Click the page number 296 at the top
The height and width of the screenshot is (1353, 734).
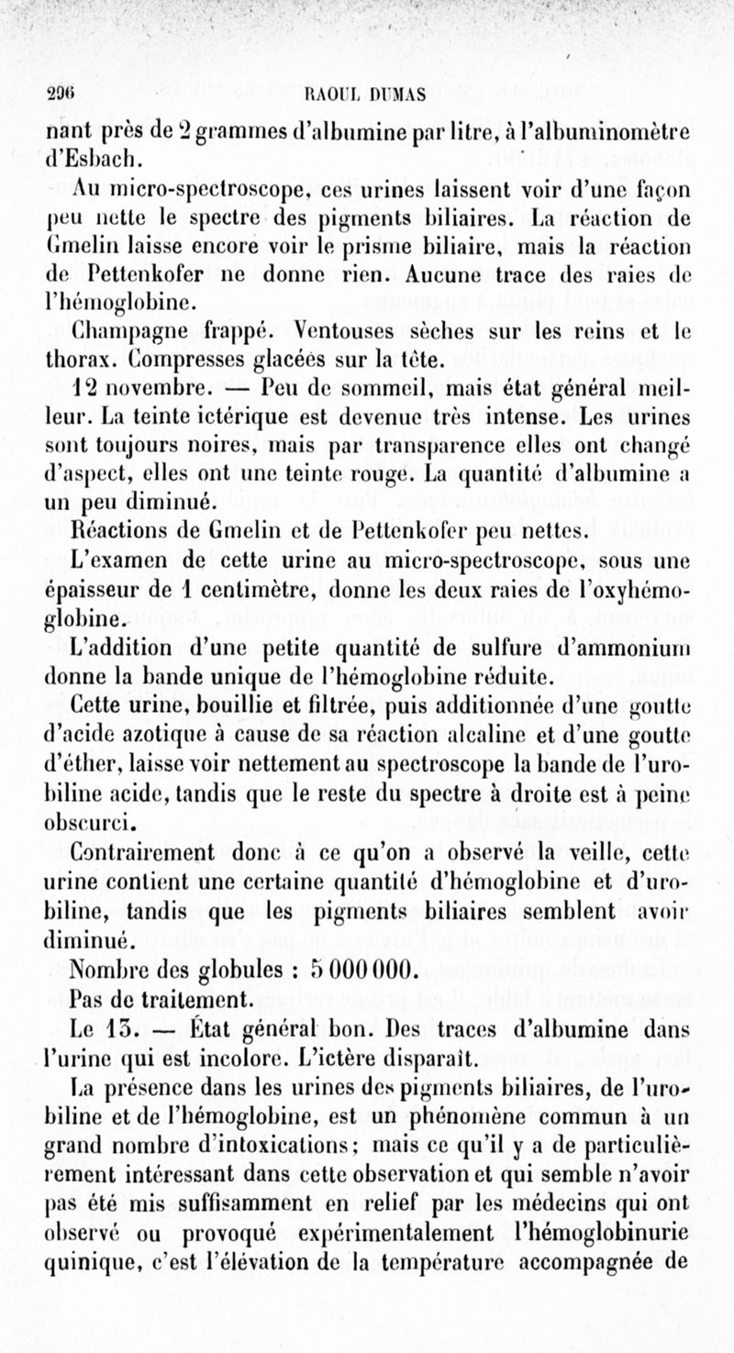pos(61,92)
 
